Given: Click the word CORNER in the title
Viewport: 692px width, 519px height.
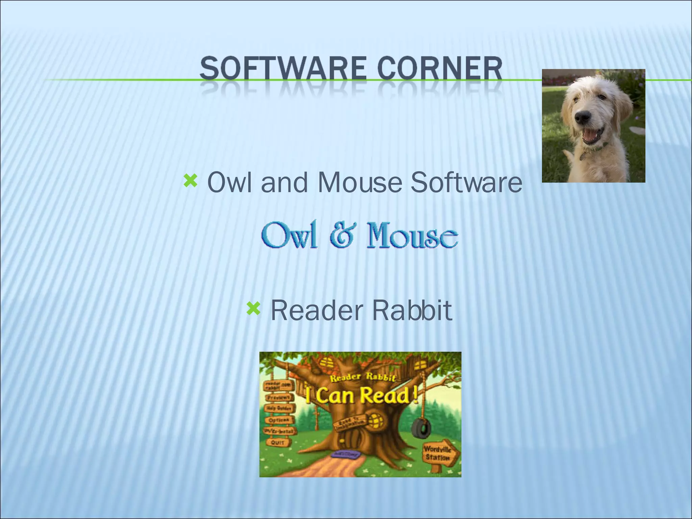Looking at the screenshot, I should pos(440,69).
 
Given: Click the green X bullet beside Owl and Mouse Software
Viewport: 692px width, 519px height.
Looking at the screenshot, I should pos(190,181).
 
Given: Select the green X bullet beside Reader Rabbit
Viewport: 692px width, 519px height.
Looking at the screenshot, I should pos(253,308).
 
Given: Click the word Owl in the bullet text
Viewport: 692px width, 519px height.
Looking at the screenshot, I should pos(229,182).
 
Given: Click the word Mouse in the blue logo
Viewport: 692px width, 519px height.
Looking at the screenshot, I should pos(412,236).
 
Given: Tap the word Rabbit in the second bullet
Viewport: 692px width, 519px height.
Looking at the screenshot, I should pos(412,310).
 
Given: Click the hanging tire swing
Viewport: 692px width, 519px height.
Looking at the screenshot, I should pos(421,428).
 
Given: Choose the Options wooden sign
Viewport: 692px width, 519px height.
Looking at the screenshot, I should pos(279,420).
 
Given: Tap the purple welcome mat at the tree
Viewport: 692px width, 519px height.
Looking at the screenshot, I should pos(345,454).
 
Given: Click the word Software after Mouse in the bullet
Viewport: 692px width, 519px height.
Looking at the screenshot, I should pos(466,182).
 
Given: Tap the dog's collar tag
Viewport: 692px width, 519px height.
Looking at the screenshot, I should pos(583,156).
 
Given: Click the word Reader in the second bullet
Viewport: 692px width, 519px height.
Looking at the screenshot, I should pos(317,310).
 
